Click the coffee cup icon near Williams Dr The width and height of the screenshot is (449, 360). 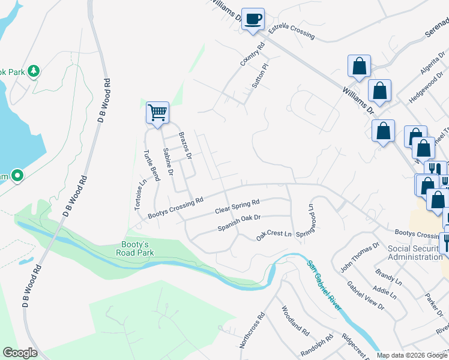click(x=253, y=19)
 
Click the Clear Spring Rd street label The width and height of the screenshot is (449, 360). click(x=237, y=207)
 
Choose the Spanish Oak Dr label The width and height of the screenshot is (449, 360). click(x=240, y=222)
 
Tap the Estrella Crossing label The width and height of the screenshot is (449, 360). click(x=291, y=32)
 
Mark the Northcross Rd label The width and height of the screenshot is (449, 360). click(x=252, y=329)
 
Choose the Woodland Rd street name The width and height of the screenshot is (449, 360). click(x=295, y=321)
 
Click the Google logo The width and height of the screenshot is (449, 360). click(x=20, y=353)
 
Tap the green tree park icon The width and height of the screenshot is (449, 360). click(x=34, y=71)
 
